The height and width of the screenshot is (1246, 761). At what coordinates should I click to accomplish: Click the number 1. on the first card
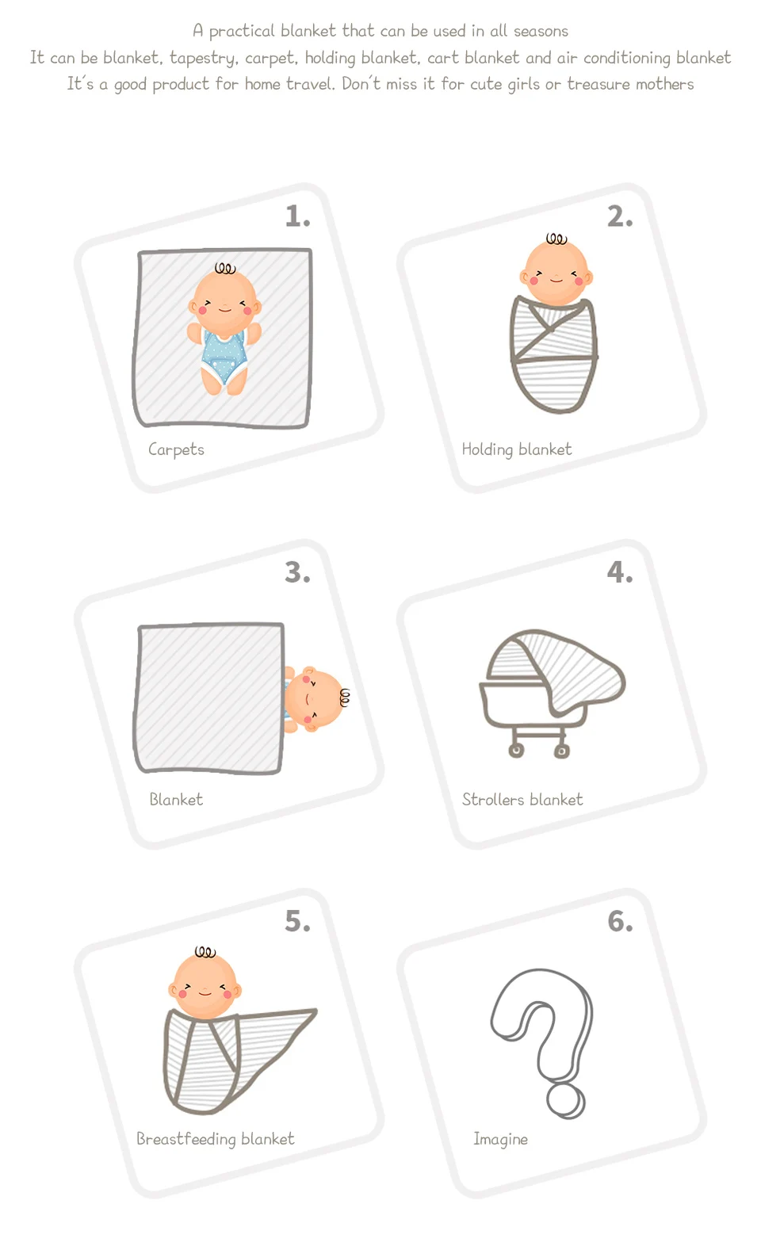tap(297, 216)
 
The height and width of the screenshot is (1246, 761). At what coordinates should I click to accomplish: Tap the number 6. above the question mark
tap(620, 922)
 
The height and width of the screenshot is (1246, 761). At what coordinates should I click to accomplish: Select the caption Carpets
tap(176, 449)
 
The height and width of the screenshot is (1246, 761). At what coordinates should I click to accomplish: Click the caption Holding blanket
tap(516, 449)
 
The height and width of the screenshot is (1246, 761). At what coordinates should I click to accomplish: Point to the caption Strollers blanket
tap(522, 799)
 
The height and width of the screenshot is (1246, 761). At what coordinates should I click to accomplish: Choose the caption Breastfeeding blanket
tap(216, 1139)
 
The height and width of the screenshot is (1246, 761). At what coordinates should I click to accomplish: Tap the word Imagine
tap(501, 1139)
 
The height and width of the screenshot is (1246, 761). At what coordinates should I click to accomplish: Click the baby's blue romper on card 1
tap(224, 356)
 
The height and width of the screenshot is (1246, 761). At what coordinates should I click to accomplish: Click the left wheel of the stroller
tap(516, 751)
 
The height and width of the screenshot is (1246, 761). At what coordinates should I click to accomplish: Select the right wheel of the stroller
tap(561, 751)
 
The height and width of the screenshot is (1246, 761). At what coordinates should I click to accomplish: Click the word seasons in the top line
tap(541, 31)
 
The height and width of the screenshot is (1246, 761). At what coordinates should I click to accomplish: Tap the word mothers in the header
tap(665, 84)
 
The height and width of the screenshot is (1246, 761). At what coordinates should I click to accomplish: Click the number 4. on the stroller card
tap(620, 572)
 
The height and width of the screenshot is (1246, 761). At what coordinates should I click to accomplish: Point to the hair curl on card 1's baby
tap(225, 269)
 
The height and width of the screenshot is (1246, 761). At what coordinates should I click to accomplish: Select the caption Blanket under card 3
tap(176, 799)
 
